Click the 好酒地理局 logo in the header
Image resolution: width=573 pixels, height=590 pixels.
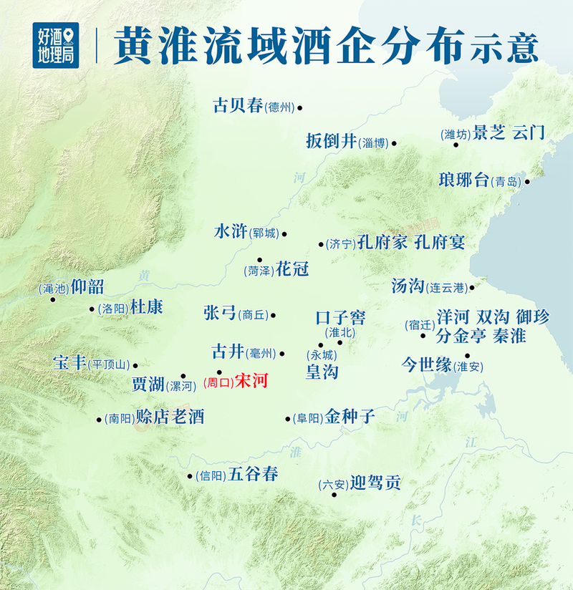click(55, 44)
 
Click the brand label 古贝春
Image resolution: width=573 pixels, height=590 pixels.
click(239, 106)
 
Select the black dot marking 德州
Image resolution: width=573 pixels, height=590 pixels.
click(300, 108)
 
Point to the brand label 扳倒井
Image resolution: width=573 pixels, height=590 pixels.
click(331, 141)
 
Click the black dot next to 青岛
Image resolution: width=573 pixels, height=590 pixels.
click(527, 181)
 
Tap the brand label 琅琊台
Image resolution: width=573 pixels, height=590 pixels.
click(464, 180)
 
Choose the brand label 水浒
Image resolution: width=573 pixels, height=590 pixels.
click(231, 231)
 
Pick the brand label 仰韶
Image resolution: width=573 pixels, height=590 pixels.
click(87, 287)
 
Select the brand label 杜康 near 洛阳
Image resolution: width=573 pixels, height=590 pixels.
click(146, 307)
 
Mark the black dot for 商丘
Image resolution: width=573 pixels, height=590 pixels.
click(273, 314)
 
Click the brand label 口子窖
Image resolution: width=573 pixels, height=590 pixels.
click(340, 317)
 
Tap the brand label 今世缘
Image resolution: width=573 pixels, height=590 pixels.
click(426, 364)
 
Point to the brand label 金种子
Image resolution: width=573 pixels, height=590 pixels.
click(350, 416)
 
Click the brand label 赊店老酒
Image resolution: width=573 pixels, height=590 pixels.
click(170, 417)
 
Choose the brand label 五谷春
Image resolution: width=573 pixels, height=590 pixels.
click(254, 473)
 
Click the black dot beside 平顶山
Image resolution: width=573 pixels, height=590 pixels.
click(135, 365)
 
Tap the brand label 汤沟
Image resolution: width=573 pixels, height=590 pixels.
click(408, 286)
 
